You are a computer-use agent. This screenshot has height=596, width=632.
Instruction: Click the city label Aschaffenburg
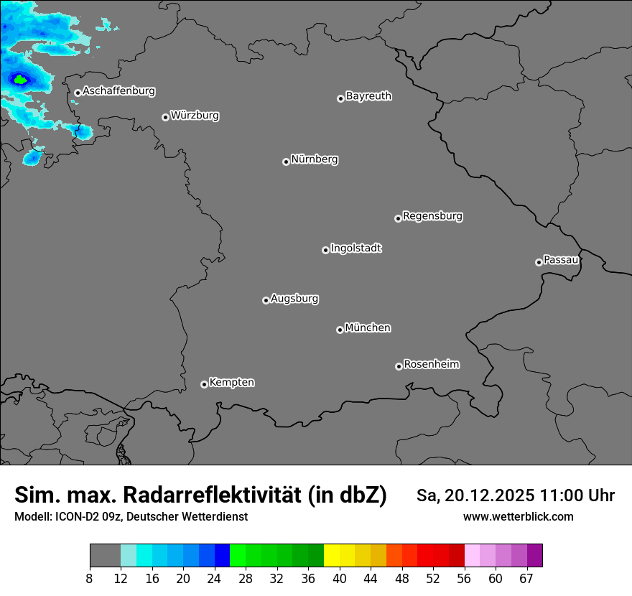pyautogui.click(x=118, y=91)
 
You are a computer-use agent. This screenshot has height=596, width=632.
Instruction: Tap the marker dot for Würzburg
pyautogui.click(x=165, y=117)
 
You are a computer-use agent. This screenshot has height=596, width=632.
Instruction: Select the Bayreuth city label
pyautogui.click(x=368, y=96)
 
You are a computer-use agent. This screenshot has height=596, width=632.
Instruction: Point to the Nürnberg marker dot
pyautogui.click(x=286, y=162)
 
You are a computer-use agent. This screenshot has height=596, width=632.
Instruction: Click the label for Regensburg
pyautogui.click(x=432, y=215)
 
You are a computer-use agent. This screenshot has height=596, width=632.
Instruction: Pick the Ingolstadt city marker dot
pyautogui.click(x=325, y=250)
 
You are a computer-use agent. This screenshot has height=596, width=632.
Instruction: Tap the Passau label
pyautogui.click(x=561, y=259)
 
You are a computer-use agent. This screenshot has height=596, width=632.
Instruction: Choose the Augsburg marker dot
pyautogui.click(x=266, y=300)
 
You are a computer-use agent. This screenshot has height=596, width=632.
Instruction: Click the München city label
pyautogui.click(x=368, y=327)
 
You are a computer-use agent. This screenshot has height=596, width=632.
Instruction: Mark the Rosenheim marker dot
pyautogui.click(x=399, y=367)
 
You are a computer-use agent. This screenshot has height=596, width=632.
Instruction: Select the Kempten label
pyautogui.click(x=231, y=382)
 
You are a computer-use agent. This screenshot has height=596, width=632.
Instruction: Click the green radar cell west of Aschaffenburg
pyautogui.click(x=20, y=80)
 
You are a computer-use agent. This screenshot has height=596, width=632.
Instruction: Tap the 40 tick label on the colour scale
pyautogui.click(x=340, y=579)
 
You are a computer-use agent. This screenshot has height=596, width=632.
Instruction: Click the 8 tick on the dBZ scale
pyautogui.click(x=90, y=579)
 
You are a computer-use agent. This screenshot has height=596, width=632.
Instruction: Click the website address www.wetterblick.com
pyautogui.click(x=518, y=516)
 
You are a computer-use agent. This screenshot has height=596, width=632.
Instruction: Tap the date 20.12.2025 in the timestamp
pyautogui.click(x=491, y=495)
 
